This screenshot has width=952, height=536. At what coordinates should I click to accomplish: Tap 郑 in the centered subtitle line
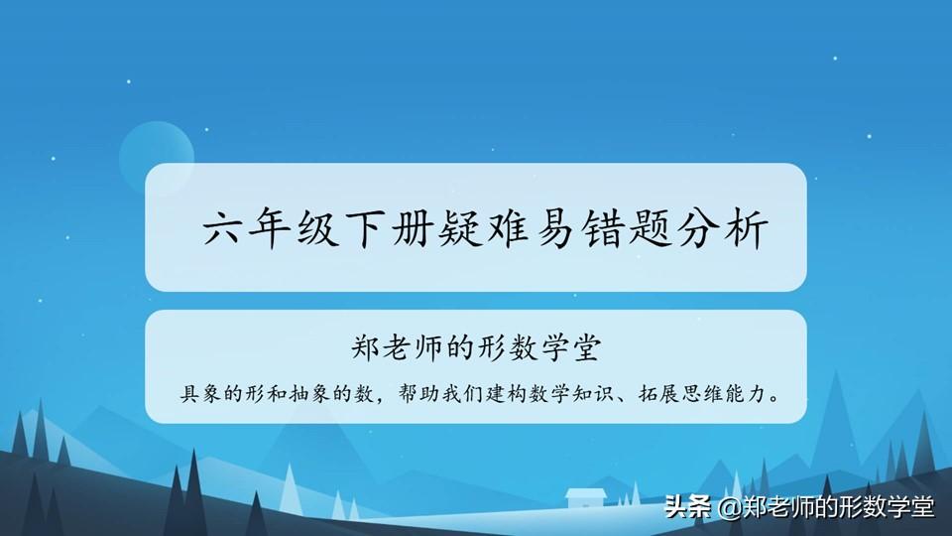366,348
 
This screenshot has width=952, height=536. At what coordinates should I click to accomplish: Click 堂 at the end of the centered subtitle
586,348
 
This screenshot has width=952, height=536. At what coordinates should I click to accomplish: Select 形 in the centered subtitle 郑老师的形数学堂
491,348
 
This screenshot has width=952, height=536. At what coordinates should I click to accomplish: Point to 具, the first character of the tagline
190,394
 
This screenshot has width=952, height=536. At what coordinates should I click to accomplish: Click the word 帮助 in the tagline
418,394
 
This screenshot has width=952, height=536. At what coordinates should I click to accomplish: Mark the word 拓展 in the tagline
658,394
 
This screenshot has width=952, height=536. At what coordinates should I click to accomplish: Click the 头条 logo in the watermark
688,506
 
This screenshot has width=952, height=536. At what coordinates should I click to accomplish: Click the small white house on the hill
586,497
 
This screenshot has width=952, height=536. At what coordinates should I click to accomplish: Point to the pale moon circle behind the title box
156,146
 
